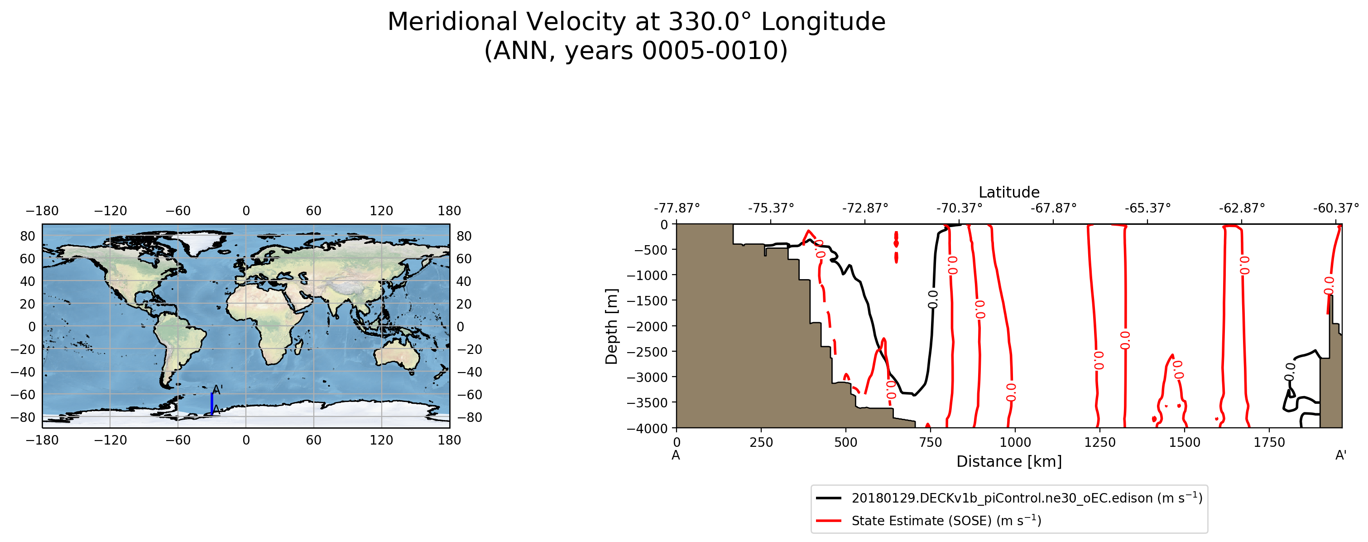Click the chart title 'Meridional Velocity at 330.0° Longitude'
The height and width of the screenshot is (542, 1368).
point(636,22)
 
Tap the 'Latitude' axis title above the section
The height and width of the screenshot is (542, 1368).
point(1009,192)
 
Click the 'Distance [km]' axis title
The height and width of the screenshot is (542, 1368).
point(1009,461)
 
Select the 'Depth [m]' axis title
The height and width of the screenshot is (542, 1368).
point(612,326)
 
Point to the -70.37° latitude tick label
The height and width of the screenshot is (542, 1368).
point(959,208)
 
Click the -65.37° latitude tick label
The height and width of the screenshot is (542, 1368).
point(1147,208)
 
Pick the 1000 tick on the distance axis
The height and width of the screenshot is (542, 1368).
point(1015,442)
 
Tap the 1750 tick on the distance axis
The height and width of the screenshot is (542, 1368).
point(1269,442)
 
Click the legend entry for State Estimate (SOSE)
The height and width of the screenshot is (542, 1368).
point(946,521)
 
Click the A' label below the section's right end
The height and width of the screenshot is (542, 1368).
point(1341,455)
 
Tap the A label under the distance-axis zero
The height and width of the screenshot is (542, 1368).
point(676,455)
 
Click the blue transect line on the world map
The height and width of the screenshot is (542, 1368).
point(212,404)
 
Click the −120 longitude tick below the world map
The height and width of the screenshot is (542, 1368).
point(110,440)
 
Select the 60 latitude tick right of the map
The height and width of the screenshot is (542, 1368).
point(464,259)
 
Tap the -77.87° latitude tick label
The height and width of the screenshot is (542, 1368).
point(677,208)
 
